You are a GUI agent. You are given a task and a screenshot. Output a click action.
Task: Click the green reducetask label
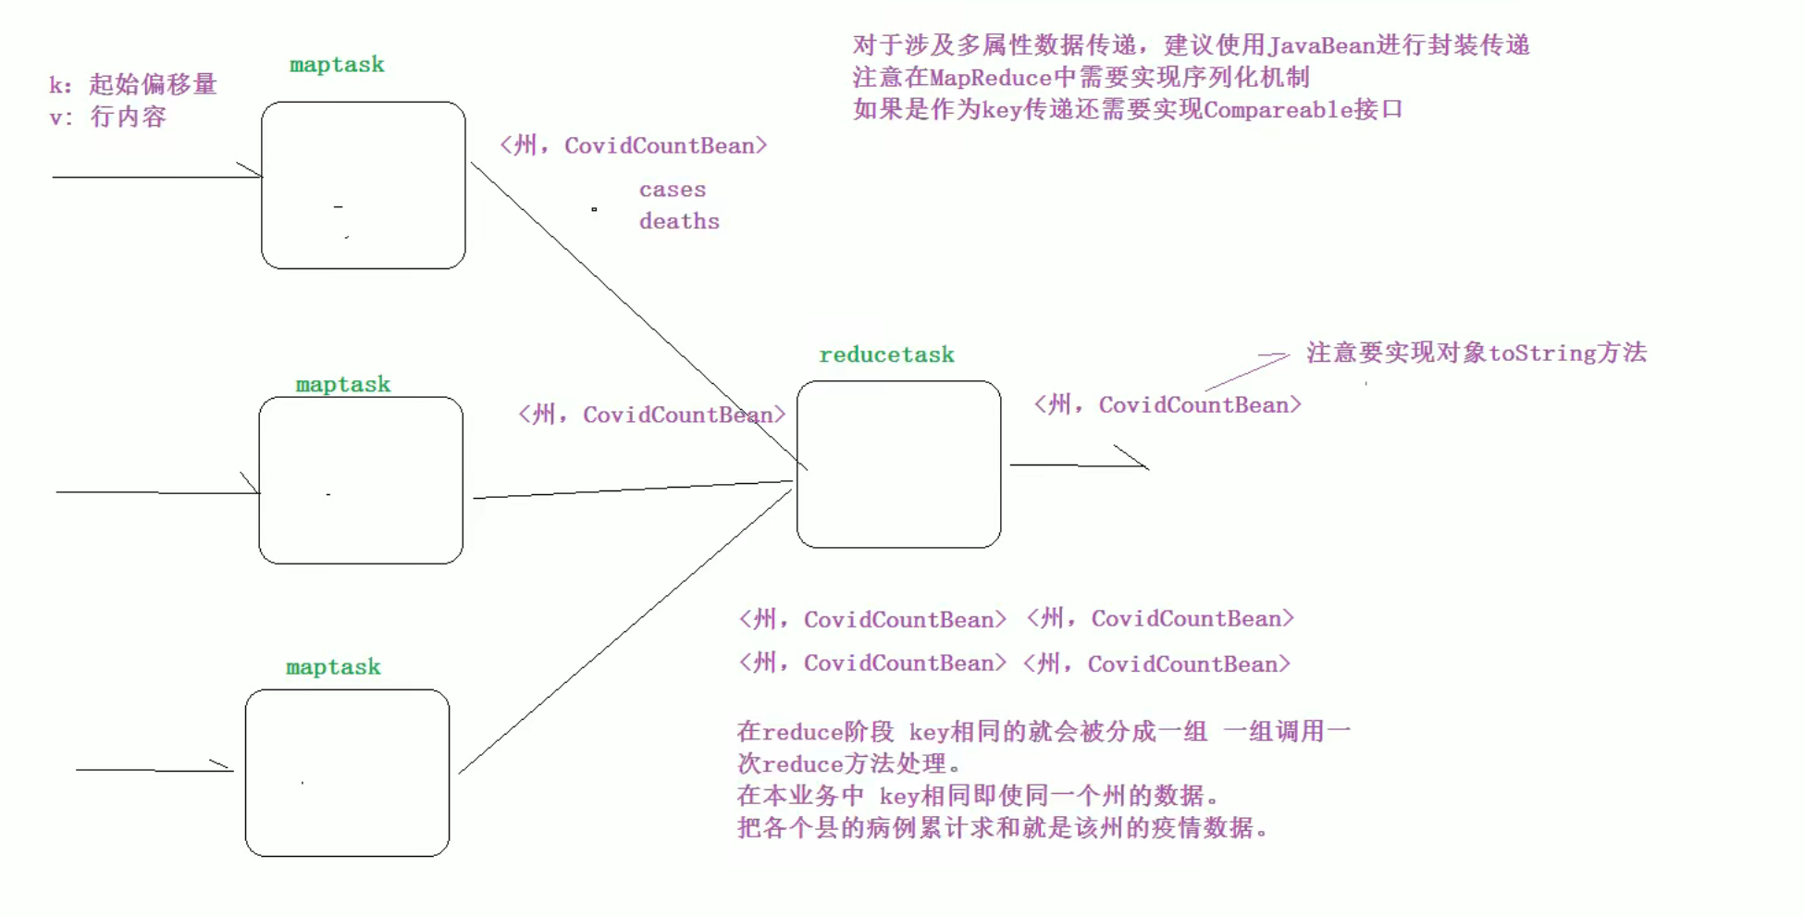[x=886, y=354]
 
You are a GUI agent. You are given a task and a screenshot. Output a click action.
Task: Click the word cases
[x=672, y=190]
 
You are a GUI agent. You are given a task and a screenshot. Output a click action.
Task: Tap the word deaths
[x=678, y=221]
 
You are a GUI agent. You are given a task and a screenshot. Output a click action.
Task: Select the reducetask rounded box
[x=898, y=464]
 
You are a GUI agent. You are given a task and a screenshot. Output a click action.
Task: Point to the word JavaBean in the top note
[x=1322, y=45]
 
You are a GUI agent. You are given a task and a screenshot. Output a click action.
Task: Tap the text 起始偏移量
[x=153, y=84]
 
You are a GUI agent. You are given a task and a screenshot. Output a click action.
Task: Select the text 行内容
[x=129, y=117]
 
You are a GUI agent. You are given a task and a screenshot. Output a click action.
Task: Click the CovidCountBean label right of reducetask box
[x=1199, y=404]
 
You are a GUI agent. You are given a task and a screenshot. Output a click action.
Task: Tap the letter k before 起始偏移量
[x=56, y=85]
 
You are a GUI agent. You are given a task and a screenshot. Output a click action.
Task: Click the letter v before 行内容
[x=56, y=118]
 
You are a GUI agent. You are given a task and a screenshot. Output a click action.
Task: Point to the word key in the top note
[x=1000, y=110]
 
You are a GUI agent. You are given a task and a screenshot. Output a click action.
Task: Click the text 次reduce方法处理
[x=847, y=763]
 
